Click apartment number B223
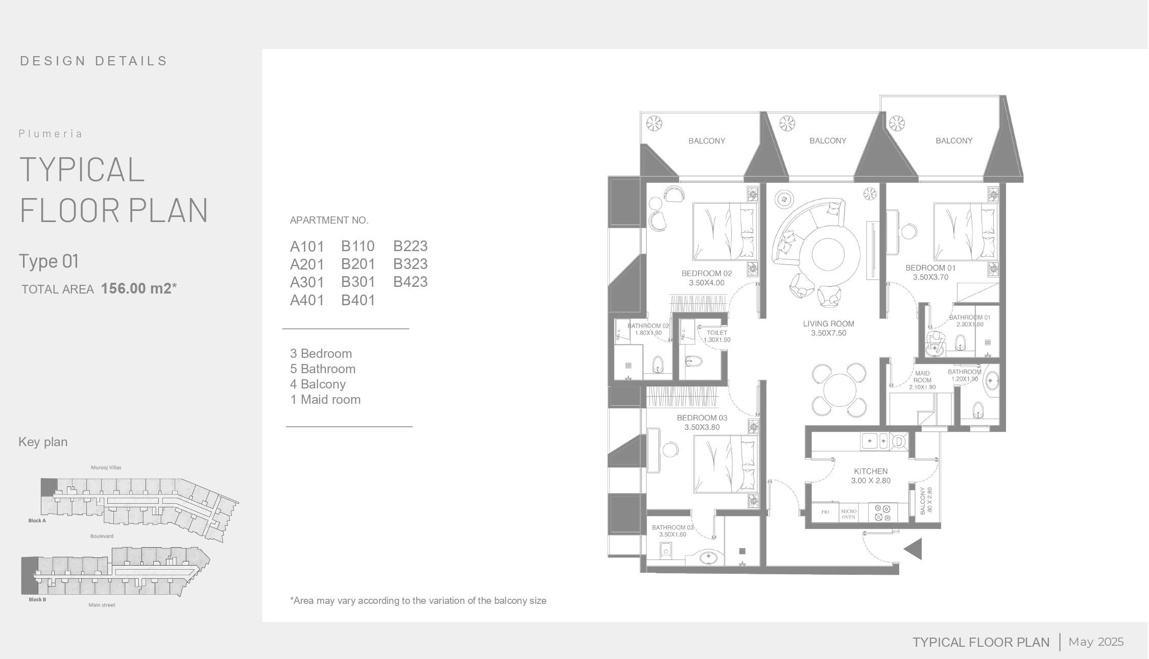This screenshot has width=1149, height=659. pyautogui.click(x=410, y=246)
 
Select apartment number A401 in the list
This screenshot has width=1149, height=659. pyautogui.click(x=307, y=300)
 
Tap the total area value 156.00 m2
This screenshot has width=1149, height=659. pyautogui.click(x=139, y=288)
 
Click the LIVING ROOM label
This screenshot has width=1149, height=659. pyautogui.click(x=828, y=324)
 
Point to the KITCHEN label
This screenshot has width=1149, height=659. pyautogui.click(x=871, y=471)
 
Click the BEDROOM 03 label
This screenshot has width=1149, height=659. pyautogui.click(x=702, y=418)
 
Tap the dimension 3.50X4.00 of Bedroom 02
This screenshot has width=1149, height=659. pyautogui.click(x=706, y=283)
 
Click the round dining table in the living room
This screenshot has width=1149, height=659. pyautogui.click(x=840, y=389)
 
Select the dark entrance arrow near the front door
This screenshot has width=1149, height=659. pyautogui.click(x=913, y=549)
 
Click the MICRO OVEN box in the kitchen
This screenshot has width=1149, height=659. pyautogui.click(x=849, y=514)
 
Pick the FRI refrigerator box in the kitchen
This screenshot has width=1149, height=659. pyautogui.click(x=825, y=512)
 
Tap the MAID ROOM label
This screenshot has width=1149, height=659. pyautogui.click(x=922, y=377)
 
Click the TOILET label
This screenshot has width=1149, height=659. pyautogui.click(x=716, y=333)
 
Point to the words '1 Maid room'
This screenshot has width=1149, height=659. pyautogui.click(x=325, y=400)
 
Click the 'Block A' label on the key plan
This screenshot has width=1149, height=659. pyautogui.click(x=37, y=521)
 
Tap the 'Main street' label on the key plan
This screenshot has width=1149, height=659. pyautogui.click(x=102, y=605)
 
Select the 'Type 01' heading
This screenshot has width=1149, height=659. pyautogui.click(x=49, y=261)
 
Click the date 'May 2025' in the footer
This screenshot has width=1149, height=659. pyautogui.click(x=1096, y=642)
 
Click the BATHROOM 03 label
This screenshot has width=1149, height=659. pyautogui.click(x=673, y=527)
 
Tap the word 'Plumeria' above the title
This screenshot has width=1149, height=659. pyautogui.click(x=51, y=134)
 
